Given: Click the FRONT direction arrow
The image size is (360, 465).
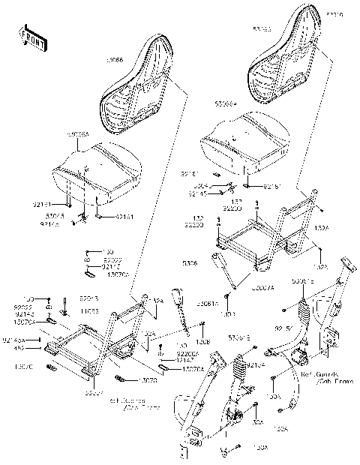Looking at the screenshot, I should coord(31,39).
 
